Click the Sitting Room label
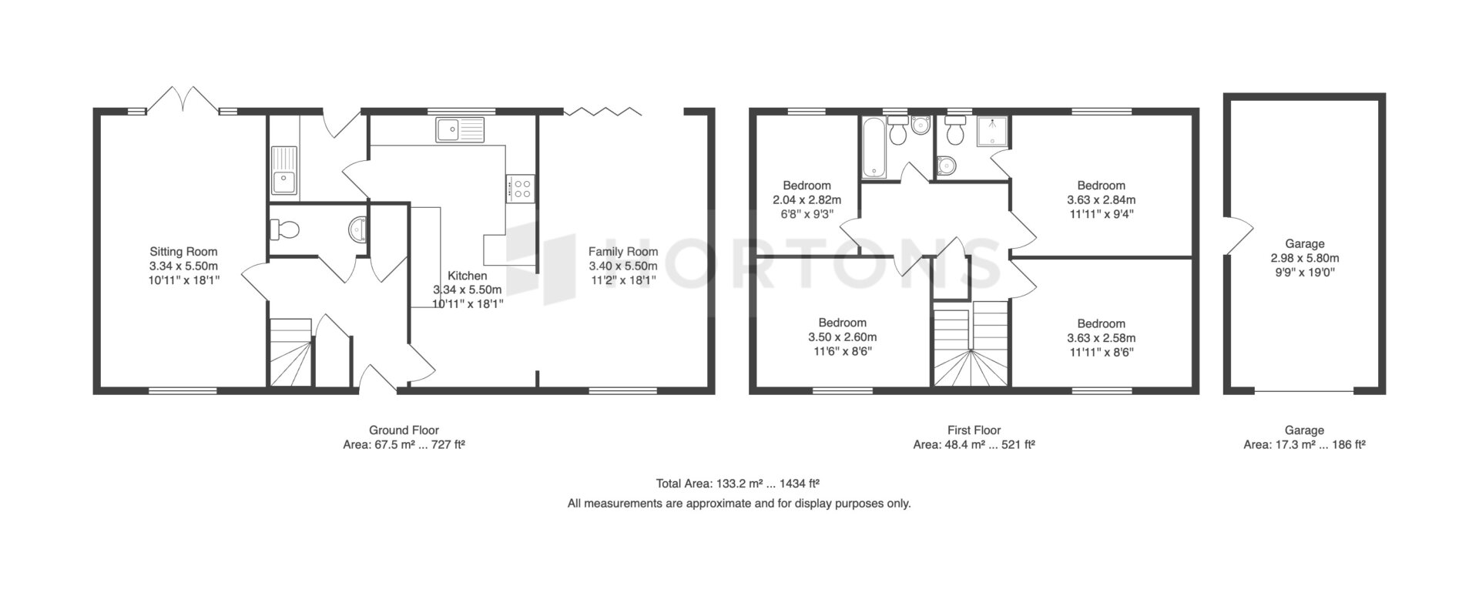coord(183,251)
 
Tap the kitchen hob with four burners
coord(521,189)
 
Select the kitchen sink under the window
coord(461,130)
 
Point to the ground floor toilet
coord(284,229)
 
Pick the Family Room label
coord(623,251)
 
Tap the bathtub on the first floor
coord(874,147)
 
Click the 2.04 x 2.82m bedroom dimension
coord(807,199)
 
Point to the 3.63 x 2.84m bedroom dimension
coord(1101,199)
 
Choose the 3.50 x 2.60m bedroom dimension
coord(842,337)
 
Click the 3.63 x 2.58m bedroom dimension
coord(1101,338)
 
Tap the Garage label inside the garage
coord(1304,244)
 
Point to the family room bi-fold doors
coord(602,111)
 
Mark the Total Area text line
coord(737,484)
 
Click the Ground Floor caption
coord(404,430)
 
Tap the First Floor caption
coord(974,430)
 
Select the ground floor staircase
coord(290,353)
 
